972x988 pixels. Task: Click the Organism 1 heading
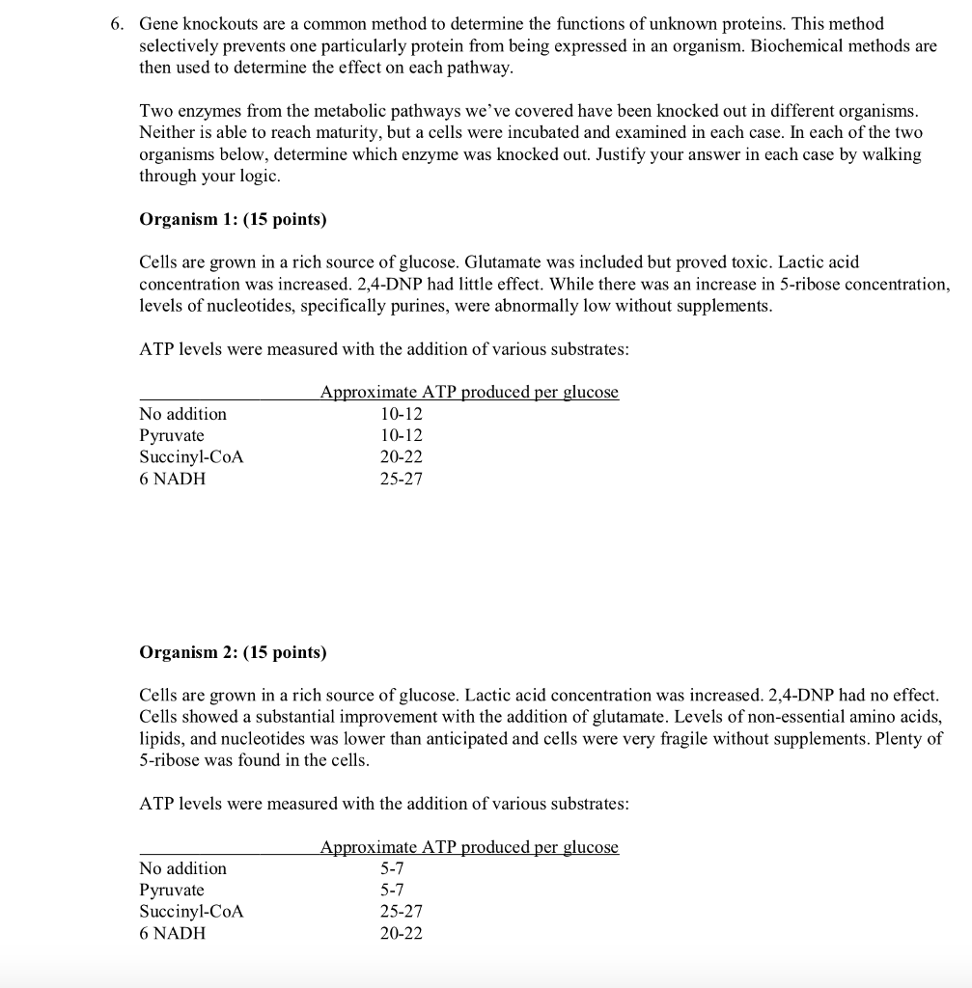(x=233, y=219)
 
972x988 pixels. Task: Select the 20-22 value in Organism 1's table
(x=401, y=457)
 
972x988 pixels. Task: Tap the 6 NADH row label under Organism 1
(x=173, y=479)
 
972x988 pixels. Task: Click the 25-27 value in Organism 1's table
(x=401, y=479)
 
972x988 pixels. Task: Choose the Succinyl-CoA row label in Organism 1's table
(x=191, y=457)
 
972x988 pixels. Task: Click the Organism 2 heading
(x=233, y=652)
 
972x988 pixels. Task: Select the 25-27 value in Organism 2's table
(x=401, y=912)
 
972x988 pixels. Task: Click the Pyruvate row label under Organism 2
(x=172, y=890)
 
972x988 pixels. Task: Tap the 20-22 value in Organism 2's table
(x=401, y=933)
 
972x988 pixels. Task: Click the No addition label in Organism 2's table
(x=183, y=868)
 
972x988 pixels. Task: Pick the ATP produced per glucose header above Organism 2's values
(x=469, y=847)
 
